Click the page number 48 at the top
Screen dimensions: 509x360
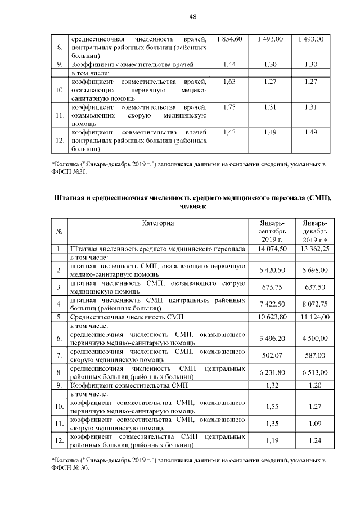click(192, 17)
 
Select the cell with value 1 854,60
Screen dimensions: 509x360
click(229, 39)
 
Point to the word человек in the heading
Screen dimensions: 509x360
click(192, 206)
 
